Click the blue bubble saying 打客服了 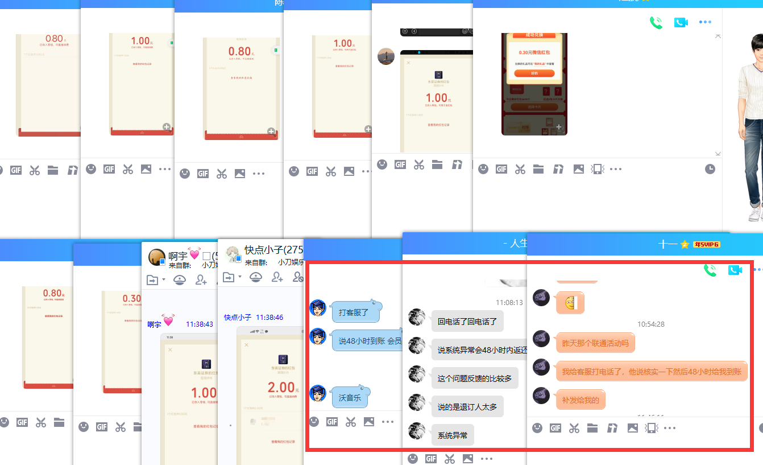point(354,312)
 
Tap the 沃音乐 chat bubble point(350,397)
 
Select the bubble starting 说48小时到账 point(367,340)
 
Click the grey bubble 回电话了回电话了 point(467,321)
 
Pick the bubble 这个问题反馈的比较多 point(474,378)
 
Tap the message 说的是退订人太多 point(467,406)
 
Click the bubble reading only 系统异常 point(452,435)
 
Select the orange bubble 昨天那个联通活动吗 point(595,343)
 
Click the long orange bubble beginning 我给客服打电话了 point(651,371)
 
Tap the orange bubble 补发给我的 point(580,400)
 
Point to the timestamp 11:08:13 point(509,302)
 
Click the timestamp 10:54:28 point(650,324)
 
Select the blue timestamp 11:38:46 point(269,317)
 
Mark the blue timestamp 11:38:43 point(200,324)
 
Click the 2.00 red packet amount point(281,388)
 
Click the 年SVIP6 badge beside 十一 point(707,244)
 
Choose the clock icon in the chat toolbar point(710,169)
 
